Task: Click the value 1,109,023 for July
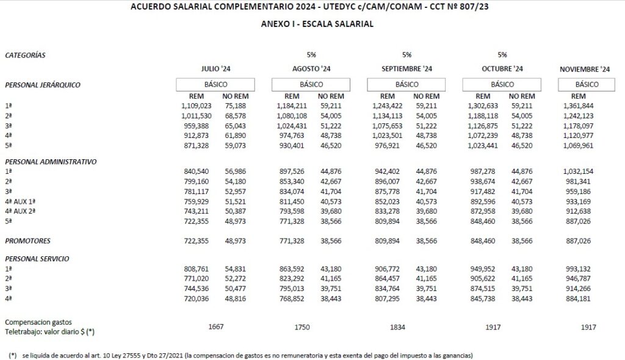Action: click(197, 106)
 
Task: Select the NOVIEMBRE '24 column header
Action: click(584, 69)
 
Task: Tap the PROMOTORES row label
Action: click(27, 241)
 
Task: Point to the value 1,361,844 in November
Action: click(579, 106)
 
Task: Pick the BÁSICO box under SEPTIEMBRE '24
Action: click(406, 84)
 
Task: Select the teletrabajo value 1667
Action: click(216, 326)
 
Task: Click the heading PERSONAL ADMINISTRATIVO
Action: click(51, 162)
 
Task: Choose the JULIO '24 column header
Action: click(216, 69)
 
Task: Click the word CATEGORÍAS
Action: click(25, 55)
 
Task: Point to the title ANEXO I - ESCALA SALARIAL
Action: click(317, 24)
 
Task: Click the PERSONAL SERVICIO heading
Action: click(37, 259)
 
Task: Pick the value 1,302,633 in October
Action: click(483, 106)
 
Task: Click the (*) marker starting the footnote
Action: click(13, 355)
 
